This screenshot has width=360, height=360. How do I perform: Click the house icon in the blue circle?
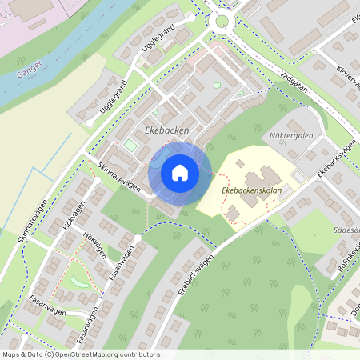[x=180, y=173]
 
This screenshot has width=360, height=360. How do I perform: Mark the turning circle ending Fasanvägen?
[x=137, y=238]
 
